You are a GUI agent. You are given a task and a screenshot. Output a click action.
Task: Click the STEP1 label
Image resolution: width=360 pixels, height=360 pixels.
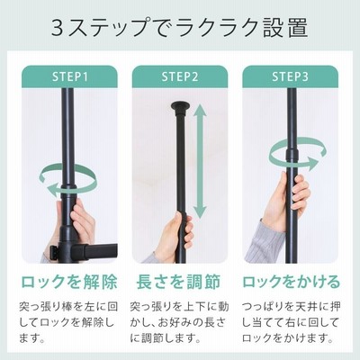70,76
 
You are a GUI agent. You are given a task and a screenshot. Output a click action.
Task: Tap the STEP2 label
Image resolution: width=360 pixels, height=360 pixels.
180,76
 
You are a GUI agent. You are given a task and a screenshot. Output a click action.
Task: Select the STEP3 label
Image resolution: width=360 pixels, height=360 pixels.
290,76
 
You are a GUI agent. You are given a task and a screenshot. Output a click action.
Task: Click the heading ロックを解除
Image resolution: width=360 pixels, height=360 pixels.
69,282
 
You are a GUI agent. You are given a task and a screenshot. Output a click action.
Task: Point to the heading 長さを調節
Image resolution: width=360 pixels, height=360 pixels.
179,282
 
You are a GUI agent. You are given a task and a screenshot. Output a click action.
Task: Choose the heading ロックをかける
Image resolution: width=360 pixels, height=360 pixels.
291,282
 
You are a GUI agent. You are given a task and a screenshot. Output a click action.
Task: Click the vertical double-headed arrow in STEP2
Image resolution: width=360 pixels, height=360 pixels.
201,162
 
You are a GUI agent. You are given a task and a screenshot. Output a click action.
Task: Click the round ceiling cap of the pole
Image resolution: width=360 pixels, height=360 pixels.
180,107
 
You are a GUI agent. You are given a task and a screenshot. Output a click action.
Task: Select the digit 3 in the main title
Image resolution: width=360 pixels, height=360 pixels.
57,28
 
